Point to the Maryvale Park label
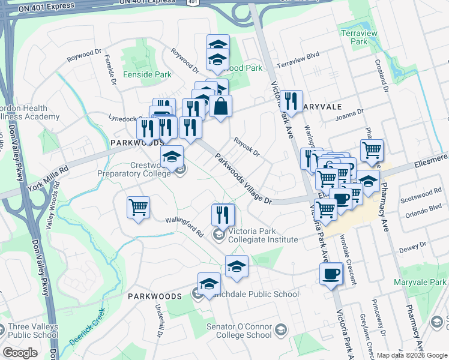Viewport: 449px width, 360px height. pyautogui.click(x=420, y=282)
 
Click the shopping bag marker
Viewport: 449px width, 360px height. pyautogui.click(x=220, y=107)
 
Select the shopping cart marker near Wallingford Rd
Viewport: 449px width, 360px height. pyautogui.click(x=138, y=208)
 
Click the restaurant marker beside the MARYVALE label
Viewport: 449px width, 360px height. pyautogui.click(x=291, y=101)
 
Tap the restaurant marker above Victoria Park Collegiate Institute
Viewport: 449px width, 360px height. pyautogui.click(x=223, y=214)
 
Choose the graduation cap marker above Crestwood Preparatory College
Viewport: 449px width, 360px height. pyautogui.click(x=172, y=157)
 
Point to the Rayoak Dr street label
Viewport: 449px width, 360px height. pyautogui.click(x=246, y=148)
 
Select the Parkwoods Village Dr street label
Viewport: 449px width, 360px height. pyautogui.click(x=243, y=178)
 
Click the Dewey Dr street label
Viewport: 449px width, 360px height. pyautogui.click(x=414, y=244)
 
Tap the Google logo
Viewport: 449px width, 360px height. pyautogui.click(x=20, y=353)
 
